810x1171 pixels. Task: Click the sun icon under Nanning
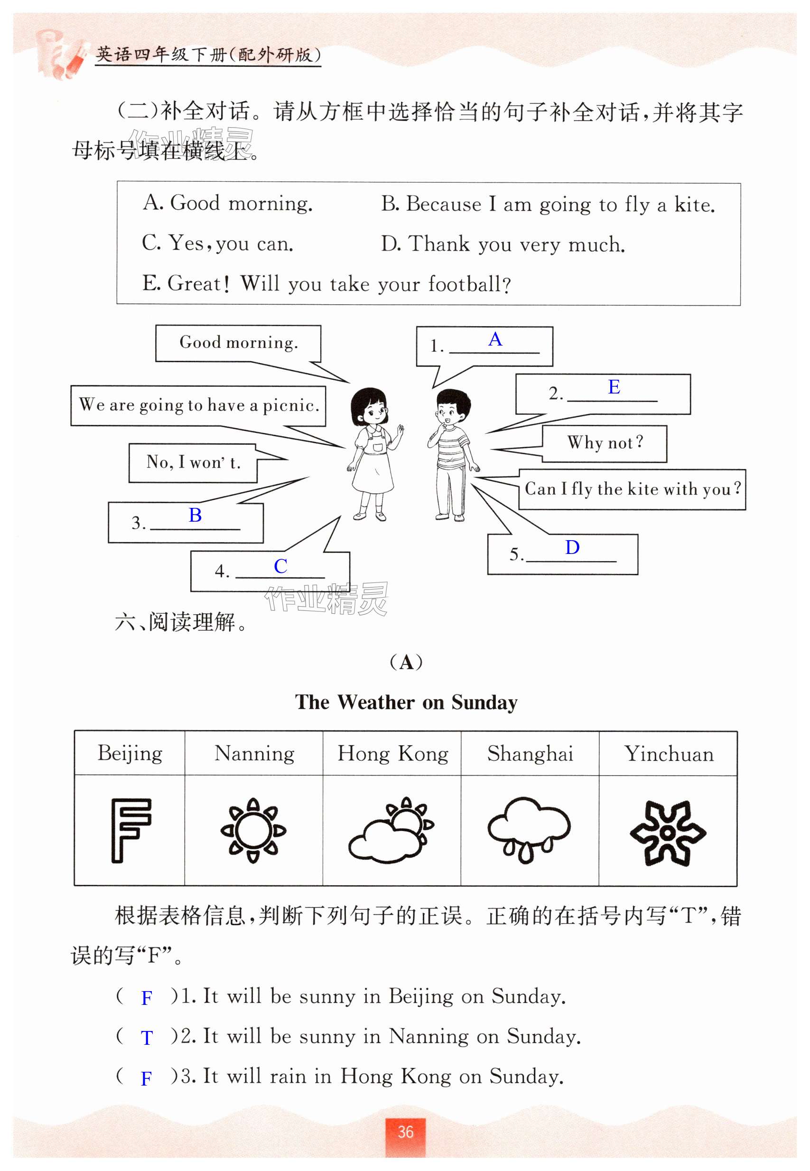[x=253, y=830]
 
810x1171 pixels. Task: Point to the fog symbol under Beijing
[x=130, y=830]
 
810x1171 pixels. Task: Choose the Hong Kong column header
[x=392, y=754]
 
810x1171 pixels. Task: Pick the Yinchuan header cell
[x=669, y=754]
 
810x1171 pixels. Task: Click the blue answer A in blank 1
[x=495, y=339]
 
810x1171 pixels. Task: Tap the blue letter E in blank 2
[x=614, y=387]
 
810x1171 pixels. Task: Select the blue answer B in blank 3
[x=195, y=515]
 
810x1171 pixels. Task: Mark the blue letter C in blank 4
[x=280, y=566]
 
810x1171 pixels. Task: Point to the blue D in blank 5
[x=572, y=547]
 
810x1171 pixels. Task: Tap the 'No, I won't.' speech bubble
[x=193, y=462]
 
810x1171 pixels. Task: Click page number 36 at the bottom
[x=405, y=1132]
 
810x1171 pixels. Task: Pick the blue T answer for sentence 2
[x=146, y=1038]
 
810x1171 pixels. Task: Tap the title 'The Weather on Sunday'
[x=406, y=703]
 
